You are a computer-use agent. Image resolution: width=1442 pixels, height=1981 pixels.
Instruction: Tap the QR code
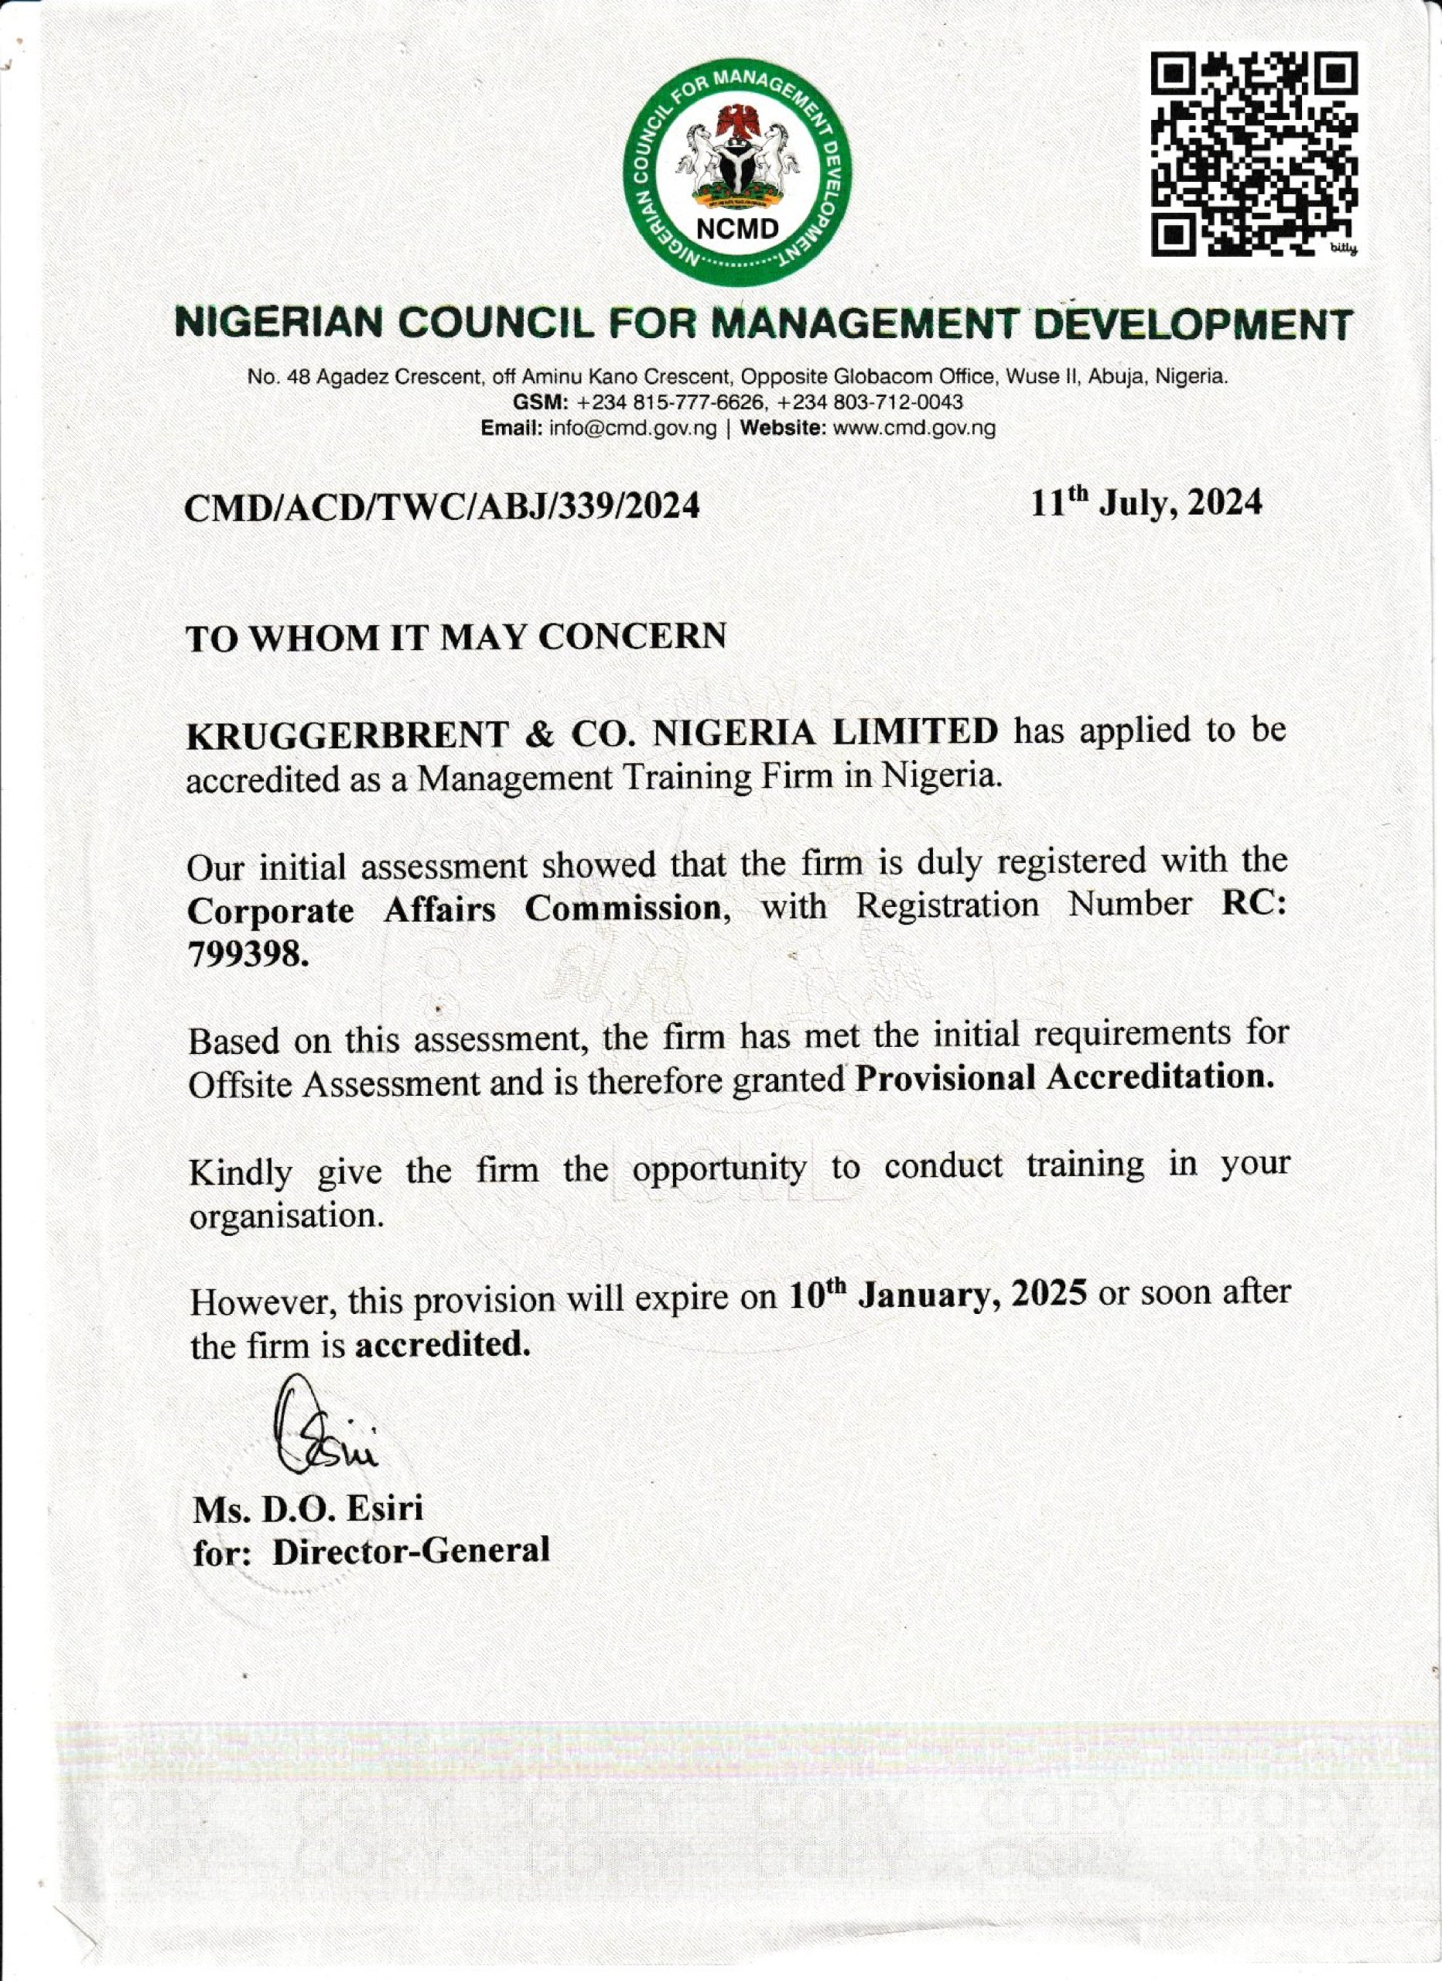point(1252,155)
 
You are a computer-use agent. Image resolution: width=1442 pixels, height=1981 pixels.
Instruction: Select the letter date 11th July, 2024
point(1146,503)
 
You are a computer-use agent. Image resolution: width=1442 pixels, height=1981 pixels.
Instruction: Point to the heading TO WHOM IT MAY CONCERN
point(456,638)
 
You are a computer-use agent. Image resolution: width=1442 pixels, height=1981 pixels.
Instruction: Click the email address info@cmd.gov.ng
point(634,429)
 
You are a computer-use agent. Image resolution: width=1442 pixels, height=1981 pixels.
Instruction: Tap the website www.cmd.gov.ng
point(914,429)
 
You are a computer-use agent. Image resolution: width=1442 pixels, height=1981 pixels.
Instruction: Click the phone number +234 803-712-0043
point(870,402)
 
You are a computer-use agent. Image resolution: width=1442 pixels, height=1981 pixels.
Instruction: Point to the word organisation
point(286,1216)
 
